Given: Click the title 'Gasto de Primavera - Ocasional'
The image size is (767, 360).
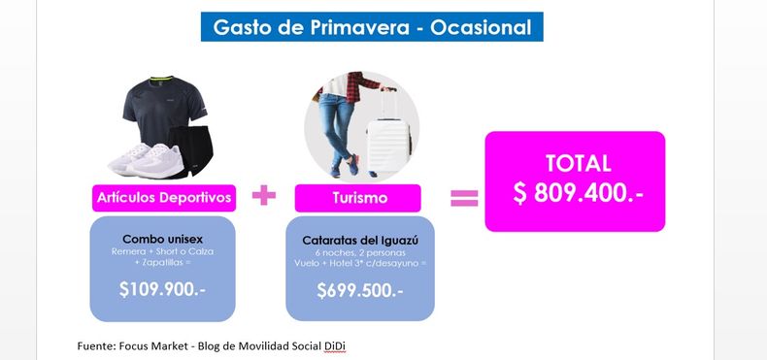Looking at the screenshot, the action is click(372, 27).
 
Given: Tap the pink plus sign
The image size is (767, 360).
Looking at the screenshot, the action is click(264, 196).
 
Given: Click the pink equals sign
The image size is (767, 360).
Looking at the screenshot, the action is click(464, 198).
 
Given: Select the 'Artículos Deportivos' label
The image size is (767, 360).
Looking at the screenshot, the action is click(164, 198).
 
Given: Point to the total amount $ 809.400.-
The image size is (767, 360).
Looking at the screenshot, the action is click(579, 193).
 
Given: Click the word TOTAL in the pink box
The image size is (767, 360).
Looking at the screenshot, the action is click(579, 163).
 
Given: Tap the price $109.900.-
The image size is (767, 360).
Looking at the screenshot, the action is click(162, 289).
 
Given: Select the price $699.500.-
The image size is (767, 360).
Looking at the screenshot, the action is click(360, 290).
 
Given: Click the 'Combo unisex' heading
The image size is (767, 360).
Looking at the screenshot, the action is click(162, 239).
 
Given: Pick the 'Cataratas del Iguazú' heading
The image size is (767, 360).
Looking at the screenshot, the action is click(360, 241).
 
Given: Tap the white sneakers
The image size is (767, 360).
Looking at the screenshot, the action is click(146, 160).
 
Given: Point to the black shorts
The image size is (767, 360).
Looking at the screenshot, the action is click(192, 150).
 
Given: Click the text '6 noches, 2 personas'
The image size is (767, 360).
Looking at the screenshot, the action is click(360, 253).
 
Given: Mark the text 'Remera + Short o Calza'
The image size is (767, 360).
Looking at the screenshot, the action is click(162, 252).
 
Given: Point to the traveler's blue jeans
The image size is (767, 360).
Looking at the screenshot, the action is click(338, 131).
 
